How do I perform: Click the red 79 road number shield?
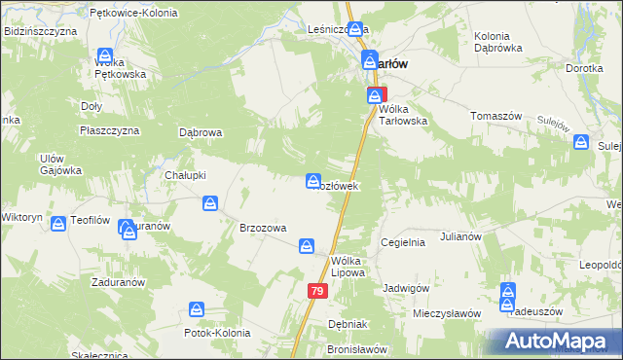[x=317, y=291]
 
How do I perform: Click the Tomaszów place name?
[x=496, y=116]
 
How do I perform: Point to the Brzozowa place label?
[x=263, y=228]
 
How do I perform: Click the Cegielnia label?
[x=403, y=242]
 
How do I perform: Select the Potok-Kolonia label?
[x=217, y=333]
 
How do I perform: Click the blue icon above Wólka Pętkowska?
[x=105, y=56]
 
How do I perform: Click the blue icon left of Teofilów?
[x=58, y=223]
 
